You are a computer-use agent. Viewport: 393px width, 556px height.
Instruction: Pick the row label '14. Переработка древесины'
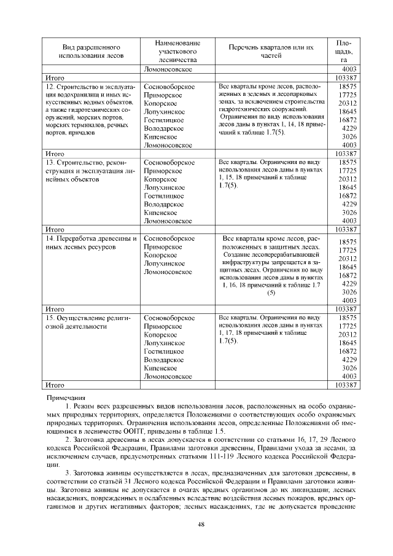pyautogui.click(x=90, y=238)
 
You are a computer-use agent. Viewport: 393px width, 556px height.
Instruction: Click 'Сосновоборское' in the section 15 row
pyautogui.click(x=169, y=318)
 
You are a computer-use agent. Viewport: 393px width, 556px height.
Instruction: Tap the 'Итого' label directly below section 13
pyautogui.click(x=56, y=229)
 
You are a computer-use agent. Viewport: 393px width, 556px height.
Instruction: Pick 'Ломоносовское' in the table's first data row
pyautogui.click(x=168, y=70)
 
